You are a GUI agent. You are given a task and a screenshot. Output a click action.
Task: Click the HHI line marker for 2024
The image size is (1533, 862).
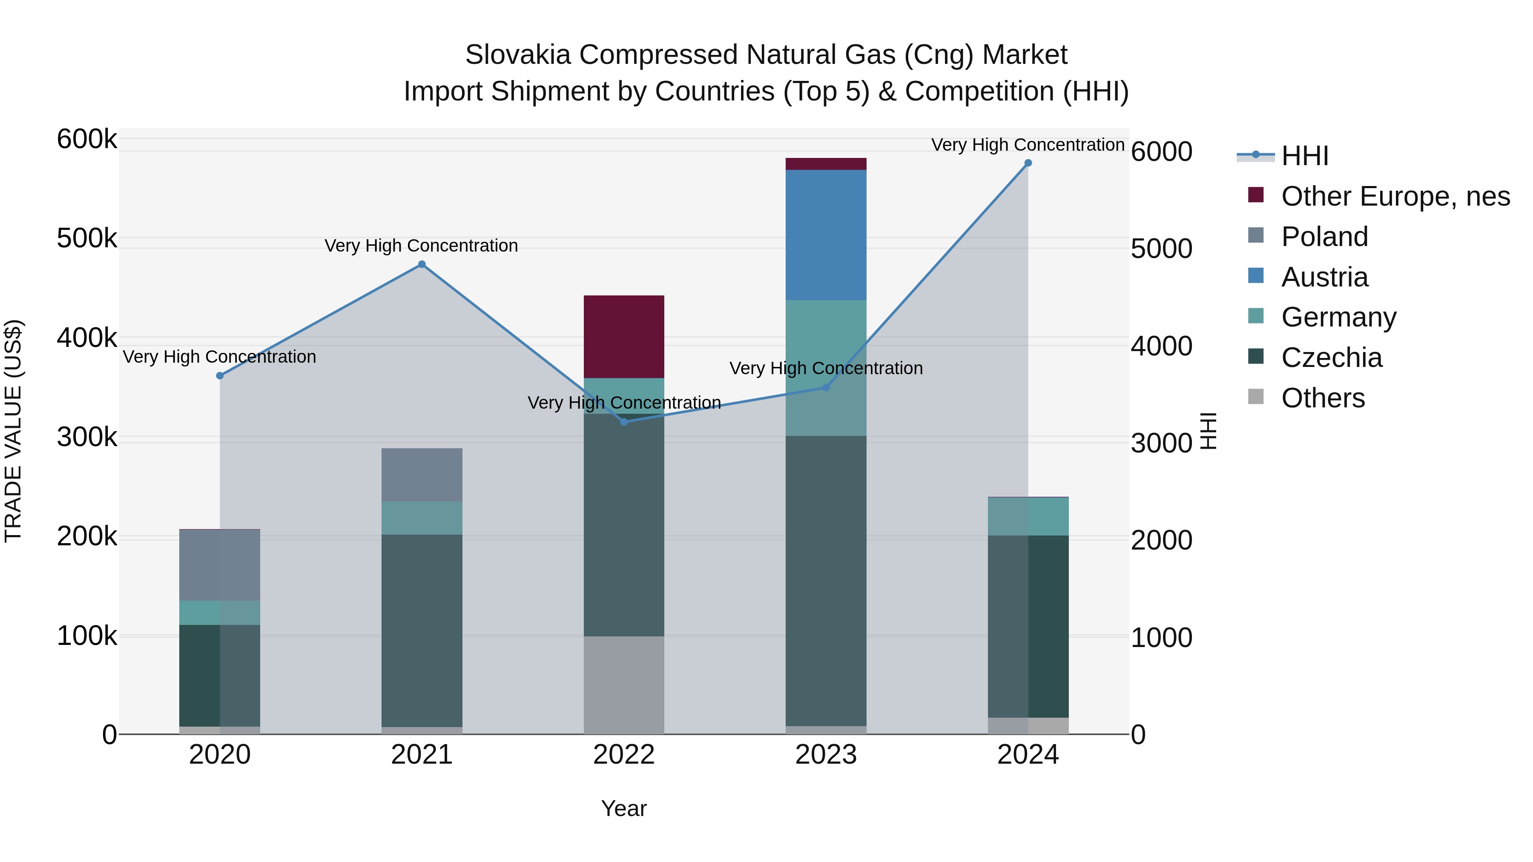point(1028,163)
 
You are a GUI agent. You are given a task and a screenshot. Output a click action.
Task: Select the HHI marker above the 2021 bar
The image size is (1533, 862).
point(422,264)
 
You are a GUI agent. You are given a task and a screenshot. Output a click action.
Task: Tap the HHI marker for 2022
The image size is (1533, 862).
point(624,422)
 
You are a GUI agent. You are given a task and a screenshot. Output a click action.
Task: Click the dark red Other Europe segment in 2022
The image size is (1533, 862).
point(624,336)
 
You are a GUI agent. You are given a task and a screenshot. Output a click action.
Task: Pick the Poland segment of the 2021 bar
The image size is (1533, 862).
point(422,475)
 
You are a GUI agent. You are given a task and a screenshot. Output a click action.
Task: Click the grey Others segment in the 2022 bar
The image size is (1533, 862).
point(624,684)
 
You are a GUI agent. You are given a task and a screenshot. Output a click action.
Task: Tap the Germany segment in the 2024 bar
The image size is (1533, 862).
point(1028,516)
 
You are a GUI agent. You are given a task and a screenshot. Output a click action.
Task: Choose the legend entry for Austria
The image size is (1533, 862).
point(1324,277)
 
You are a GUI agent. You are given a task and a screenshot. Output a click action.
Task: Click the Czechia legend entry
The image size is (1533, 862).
point(1331,358)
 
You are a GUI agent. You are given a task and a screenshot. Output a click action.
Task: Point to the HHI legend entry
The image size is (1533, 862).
point(1304,156)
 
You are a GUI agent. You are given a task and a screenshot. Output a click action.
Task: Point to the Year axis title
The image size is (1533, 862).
point(624,808)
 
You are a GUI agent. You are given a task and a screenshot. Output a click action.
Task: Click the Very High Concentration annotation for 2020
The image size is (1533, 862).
point(220,357)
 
